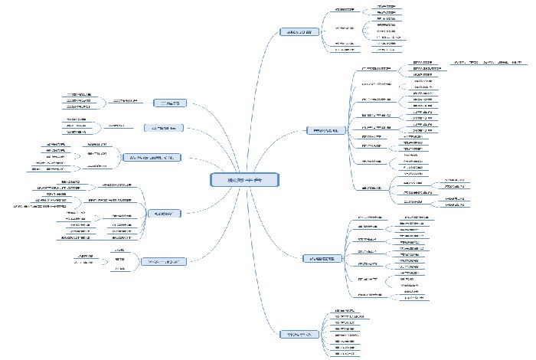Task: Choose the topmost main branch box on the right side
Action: point(299,33)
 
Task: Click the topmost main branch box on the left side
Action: point(167,102)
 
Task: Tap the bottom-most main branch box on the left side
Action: point(164,261)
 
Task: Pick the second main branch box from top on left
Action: point(164,127)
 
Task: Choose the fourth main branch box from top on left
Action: point(163,214)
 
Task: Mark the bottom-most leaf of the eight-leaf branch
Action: point(345,355)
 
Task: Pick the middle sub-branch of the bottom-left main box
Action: point(119,260)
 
